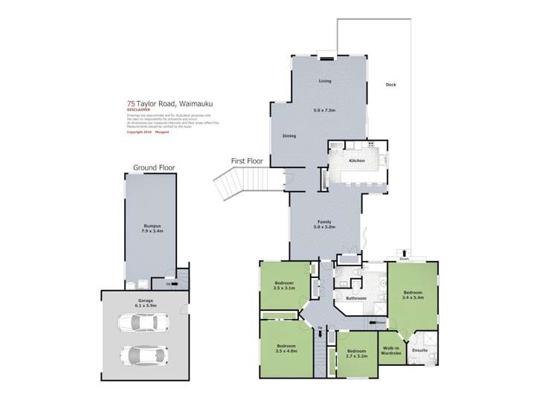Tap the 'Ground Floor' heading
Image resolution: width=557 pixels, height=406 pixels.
tap(154, 168)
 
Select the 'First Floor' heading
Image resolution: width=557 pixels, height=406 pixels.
tap(248, 161)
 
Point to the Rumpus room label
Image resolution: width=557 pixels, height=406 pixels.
tap(153, 228)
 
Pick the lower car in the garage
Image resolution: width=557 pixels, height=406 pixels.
tap(144, 355)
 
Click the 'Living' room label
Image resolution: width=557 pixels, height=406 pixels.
tap(324, 80)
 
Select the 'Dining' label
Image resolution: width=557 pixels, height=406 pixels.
tap(290, 136)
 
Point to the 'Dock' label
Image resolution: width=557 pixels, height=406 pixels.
tap(390, 84)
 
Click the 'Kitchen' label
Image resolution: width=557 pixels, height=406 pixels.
tap(357, 161)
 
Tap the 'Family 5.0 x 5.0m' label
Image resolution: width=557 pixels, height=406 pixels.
tap(324, 225)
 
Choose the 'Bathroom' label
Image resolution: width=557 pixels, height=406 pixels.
tap(355, 298)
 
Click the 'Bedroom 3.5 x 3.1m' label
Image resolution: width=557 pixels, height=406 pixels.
tap(284, 286)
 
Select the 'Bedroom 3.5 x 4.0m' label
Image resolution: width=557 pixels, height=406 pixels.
tap(286, 349)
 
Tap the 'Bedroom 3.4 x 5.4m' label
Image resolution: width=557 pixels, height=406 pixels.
tap(413, 295)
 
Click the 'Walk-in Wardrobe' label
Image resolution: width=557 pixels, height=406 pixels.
tap(391, 351)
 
